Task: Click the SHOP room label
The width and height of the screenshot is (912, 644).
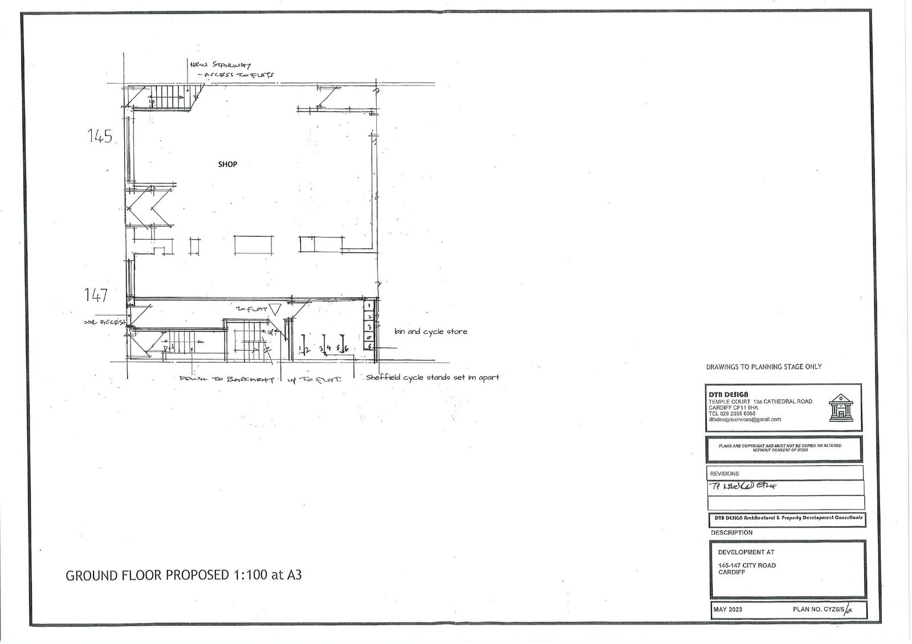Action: point(227,165)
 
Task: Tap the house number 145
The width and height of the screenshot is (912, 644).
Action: point(100,136)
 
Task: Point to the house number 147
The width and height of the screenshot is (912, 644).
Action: point(96,295)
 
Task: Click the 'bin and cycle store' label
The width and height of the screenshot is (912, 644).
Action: point(430,331)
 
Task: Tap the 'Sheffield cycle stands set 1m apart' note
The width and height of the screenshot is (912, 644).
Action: point(432,378)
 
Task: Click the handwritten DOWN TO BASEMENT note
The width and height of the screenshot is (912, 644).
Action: point(227,379)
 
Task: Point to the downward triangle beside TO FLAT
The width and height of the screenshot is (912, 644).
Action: point(275,310)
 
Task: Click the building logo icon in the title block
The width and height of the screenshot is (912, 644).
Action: point(841,407)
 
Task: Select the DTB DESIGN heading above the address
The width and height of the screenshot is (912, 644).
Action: point(729,394)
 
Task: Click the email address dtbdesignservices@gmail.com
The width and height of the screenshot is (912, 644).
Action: point(744,420)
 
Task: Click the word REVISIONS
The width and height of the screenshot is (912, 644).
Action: point(724,474)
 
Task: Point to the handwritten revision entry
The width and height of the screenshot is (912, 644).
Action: point(744,486)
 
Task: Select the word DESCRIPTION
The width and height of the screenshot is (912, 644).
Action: point(731,533)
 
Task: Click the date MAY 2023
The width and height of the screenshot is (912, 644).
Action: point(728,610)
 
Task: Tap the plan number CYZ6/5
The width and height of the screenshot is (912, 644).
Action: point(821,610)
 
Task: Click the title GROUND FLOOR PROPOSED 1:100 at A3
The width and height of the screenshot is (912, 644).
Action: point(184,575)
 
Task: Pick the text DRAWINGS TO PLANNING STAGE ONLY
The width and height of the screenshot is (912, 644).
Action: point(764,367)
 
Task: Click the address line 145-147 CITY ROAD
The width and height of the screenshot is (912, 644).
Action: point(747,565)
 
